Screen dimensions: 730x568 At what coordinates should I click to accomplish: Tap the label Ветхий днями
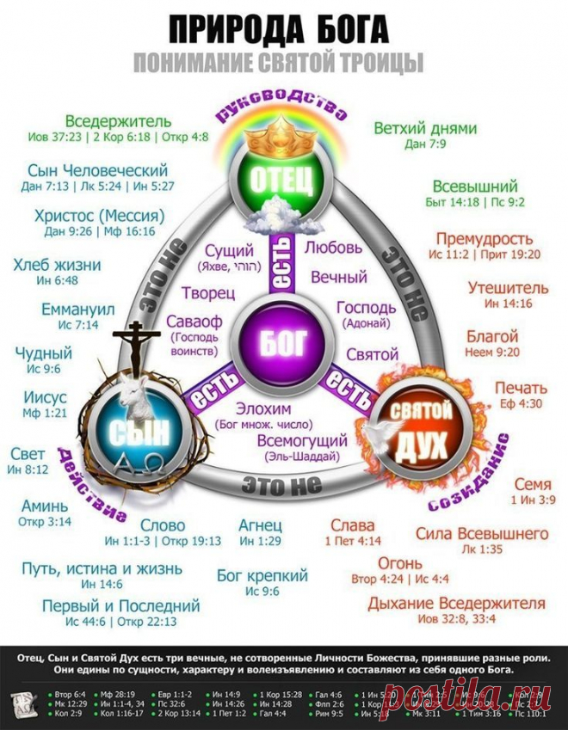pos(425,129)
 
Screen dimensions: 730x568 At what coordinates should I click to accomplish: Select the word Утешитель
pos(508,288)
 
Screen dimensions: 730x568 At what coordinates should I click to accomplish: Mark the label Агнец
pos(260,525)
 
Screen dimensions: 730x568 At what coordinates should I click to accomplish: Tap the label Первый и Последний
pos(121,606)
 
